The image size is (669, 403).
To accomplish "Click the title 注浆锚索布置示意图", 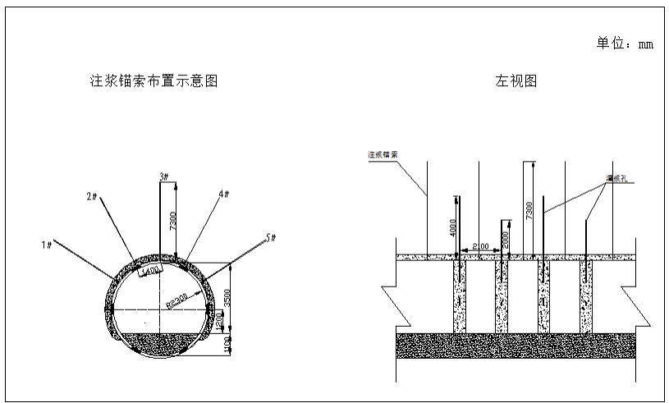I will pos(154,80).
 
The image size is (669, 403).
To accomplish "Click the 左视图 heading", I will pos(515,80).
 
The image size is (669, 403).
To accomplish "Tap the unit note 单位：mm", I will pos(624,44).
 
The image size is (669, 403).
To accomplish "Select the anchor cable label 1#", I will pos(48,244).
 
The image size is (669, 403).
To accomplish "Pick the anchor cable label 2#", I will pos(92,197).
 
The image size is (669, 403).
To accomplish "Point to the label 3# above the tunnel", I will pos(163,176).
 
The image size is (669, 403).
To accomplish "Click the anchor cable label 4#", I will pos(224,195).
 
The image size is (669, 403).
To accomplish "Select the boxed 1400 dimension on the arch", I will pos(151,270).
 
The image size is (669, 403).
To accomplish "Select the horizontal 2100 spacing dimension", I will pos(479,245).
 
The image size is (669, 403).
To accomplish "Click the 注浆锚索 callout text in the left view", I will pos(383,153).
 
